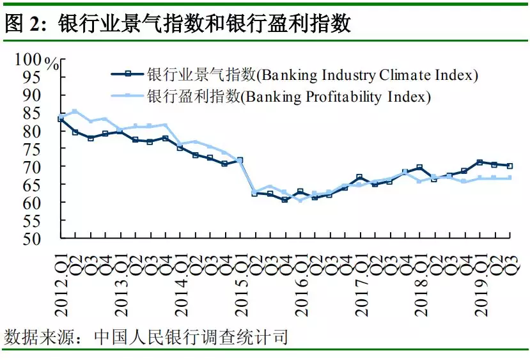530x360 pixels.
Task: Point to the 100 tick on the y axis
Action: [28, 59]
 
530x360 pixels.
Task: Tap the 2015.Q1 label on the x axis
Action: [240, 282]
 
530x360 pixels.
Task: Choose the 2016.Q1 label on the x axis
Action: [300, 282]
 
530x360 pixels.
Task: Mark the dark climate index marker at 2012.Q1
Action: [61, 119]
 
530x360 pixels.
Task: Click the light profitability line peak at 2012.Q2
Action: [75, 111]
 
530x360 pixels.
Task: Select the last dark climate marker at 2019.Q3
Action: [510, 166]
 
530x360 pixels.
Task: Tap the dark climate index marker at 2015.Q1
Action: [240, 160]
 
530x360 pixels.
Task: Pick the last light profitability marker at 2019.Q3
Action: [510, 178]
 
